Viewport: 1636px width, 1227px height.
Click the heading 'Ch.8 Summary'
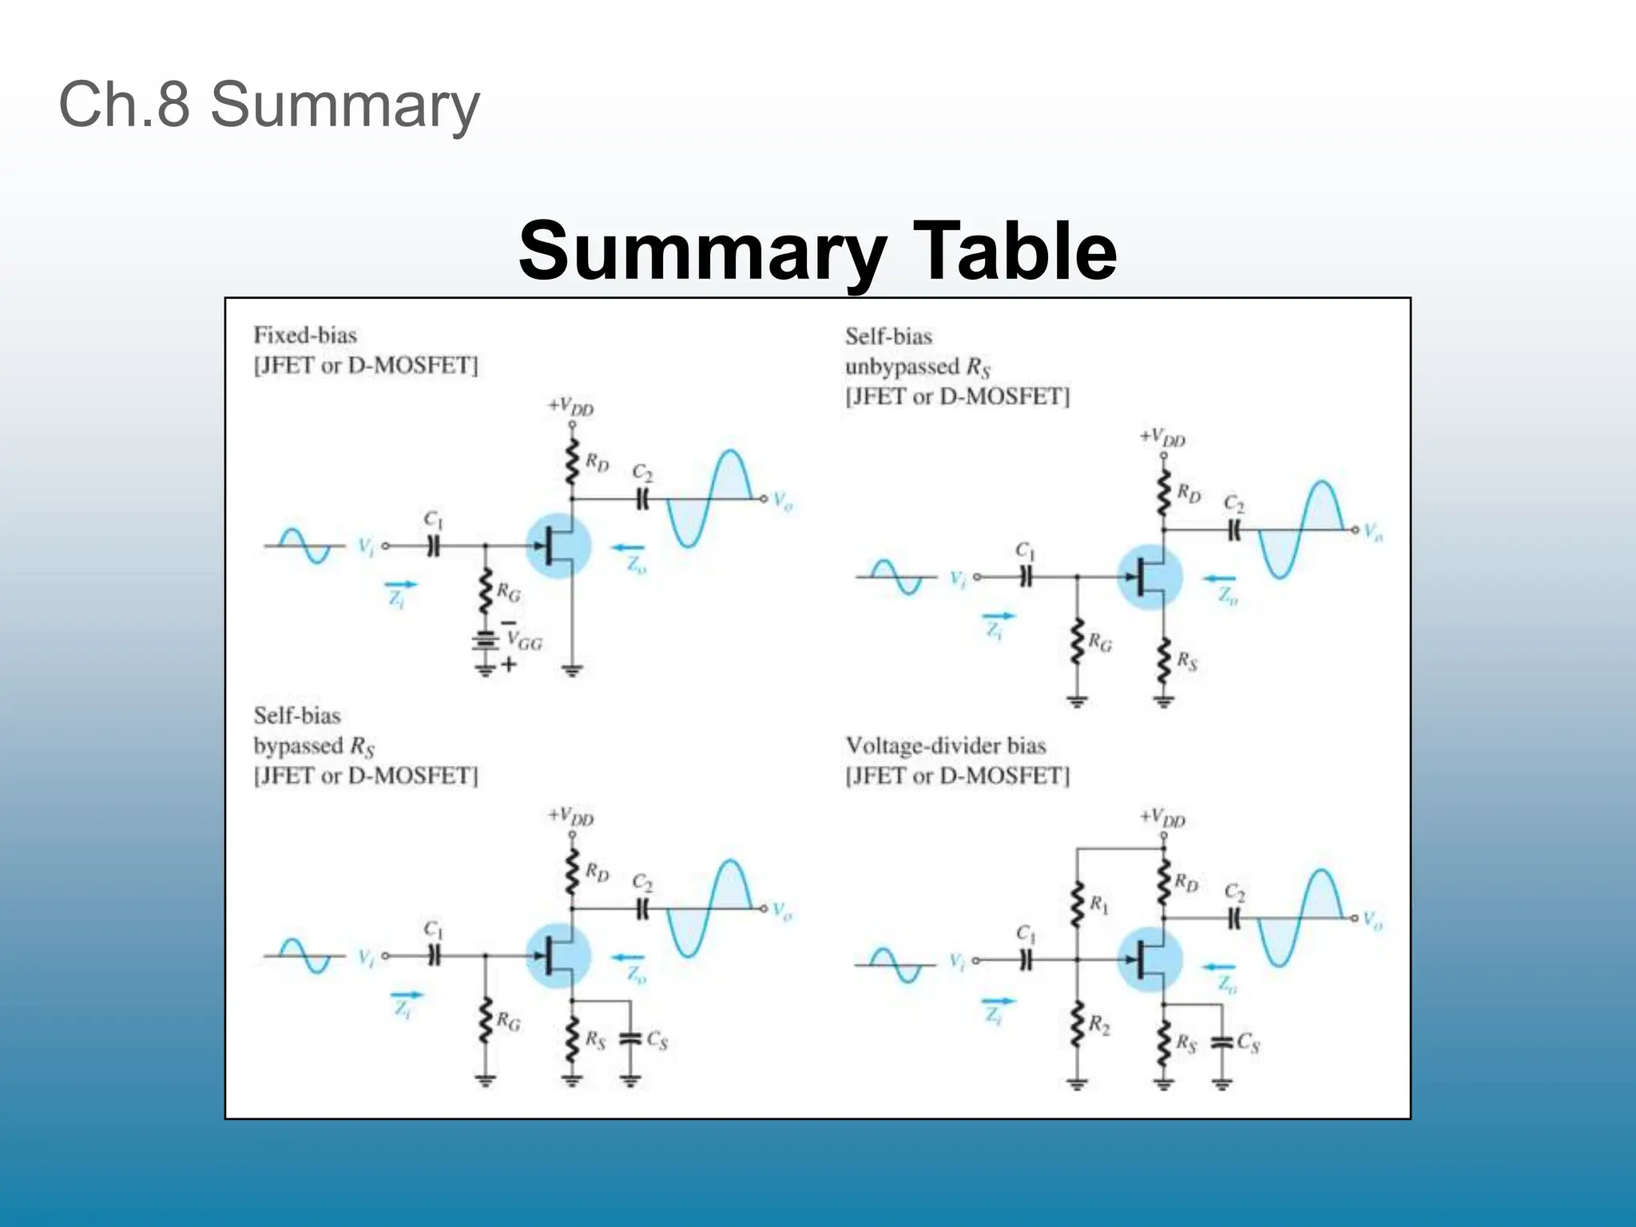(x=269, y=105)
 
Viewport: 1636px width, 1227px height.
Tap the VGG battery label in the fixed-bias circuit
(x=525, y=641)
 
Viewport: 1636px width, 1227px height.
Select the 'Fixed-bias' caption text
(x=305, y=335)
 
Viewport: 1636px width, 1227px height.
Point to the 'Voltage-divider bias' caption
(x=945, y=745)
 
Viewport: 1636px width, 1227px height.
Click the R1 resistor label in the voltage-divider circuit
(x=1100, y=905)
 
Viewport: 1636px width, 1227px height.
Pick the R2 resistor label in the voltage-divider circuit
(x=1100, y=1025)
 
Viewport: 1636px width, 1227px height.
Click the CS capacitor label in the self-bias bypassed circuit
(x=657, y=1040)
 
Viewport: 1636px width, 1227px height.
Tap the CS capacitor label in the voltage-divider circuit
(x=1248, y=1042)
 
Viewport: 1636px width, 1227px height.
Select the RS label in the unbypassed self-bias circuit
(x=1187, y=661)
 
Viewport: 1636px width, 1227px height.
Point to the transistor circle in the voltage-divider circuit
(x=1150, y=959)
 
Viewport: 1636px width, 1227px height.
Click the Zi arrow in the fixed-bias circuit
(x=400, y=585)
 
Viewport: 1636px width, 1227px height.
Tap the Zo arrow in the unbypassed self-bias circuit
(x=1220, y=578)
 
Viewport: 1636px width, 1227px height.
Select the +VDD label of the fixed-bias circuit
(x=570, y=407)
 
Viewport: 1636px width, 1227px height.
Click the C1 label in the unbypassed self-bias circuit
(x=1025, y=551)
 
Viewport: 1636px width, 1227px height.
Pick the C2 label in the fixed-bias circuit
(x=642, y=473)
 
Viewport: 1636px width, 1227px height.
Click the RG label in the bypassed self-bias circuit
(x=508, y=1021)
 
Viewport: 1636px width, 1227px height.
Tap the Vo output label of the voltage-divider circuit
(x=1372, y=920)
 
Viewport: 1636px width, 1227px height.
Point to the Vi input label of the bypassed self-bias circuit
(x=365, y=957)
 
